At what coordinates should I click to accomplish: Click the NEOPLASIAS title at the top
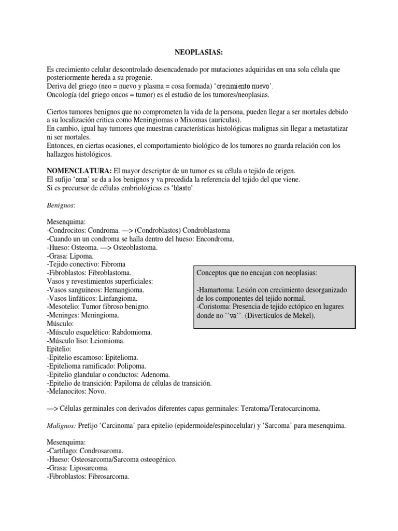198,52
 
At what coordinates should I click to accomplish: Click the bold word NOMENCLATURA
78,171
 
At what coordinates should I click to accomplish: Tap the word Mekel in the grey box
300,315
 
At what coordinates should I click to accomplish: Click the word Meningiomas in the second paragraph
148,120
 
